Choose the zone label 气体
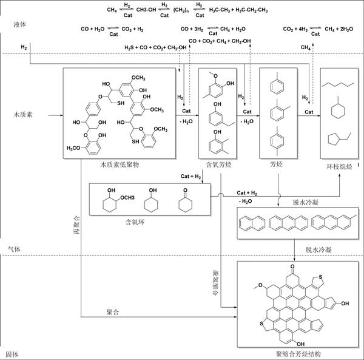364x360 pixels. point(13,250)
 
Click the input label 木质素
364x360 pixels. point(24,114)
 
